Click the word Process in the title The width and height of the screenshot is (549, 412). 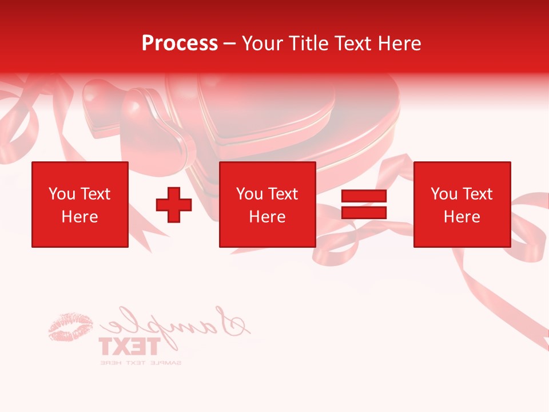[180, 43]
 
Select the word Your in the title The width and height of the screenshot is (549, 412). [264, 43]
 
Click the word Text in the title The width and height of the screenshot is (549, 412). [352, 43]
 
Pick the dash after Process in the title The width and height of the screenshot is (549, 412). [230, 43]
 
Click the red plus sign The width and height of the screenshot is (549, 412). [174, 205]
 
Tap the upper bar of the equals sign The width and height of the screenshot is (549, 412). [364, 196]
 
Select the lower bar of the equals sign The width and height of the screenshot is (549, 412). [364, 213]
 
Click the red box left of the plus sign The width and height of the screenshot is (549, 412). [80, 204]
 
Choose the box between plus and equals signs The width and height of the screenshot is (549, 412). [268, 204]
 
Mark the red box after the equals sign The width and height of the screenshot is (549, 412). [462, 204]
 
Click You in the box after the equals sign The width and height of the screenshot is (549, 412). [444, 194]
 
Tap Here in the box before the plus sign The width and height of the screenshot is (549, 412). [80, 217]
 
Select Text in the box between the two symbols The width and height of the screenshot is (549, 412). [283, 194]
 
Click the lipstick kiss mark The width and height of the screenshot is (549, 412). [71, 327]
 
